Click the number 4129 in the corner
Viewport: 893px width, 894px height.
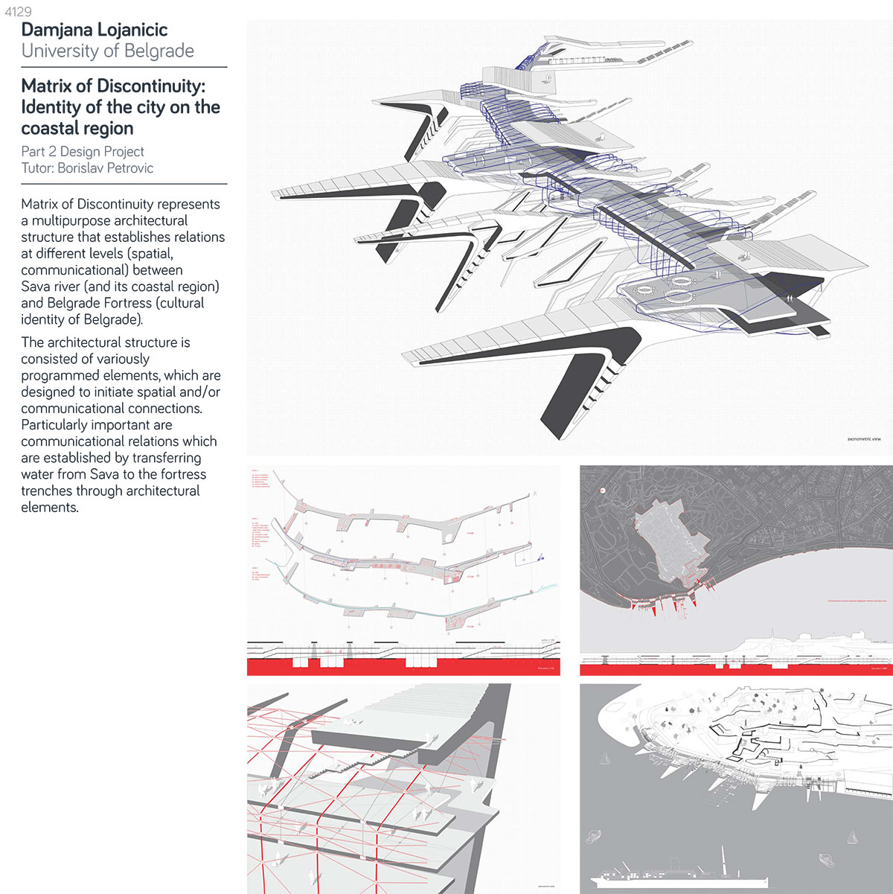[18, 12]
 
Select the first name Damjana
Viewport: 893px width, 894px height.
[57, 30]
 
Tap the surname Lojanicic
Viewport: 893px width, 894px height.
[132, 30]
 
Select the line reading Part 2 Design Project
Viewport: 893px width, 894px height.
[83, 151]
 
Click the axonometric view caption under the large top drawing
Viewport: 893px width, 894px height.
[863, 439]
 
